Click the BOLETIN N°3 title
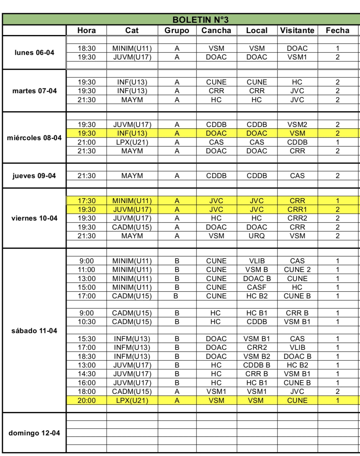[200, 20]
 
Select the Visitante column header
[297, 31]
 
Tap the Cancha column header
[216, 31]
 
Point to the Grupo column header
[177, 31]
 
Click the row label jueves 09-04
[34, 176]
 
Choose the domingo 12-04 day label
[34, 433]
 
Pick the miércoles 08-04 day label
[34, 138]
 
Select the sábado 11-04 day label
[34, 331]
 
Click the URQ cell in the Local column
[256, 236]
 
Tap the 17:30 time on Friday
[87, 201]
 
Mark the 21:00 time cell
[87, 142]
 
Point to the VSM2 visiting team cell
[297, 124]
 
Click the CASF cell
[256, 287]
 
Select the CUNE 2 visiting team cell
[297, 269]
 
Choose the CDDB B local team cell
[256, 365]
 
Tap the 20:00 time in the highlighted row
[87, 400]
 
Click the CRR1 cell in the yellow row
[297, 209]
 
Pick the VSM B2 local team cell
[256, 356]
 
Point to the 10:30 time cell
[87, 322]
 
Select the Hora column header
[86, 31]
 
